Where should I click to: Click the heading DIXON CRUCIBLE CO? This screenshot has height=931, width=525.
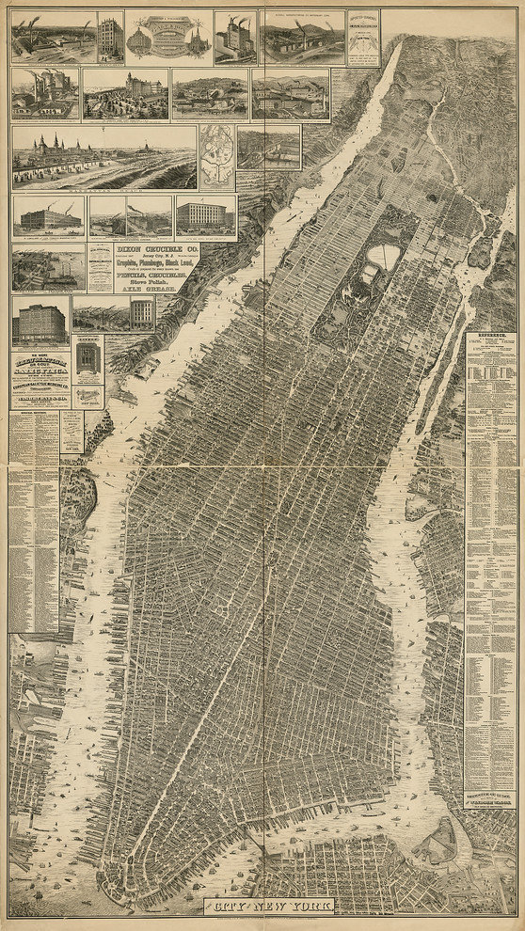[x=141, y=249]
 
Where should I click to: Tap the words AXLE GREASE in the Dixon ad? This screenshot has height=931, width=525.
[x=141, y=289]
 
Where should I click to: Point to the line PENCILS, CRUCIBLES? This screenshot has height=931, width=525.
[x=141, y=274]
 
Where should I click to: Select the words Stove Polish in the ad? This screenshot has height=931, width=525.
[x=141, y=281]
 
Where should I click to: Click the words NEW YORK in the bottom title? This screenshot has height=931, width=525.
[x=292, y=908]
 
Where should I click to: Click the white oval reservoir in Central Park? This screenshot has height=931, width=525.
[x=388, y=256]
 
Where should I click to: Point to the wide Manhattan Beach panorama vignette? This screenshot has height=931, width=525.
[x=103, y=157]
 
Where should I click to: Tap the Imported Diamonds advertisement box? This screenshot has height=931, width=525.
[x=362, y=38]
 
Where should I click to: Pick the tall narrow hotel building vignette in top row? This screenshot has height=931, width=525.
[x=110, y=38]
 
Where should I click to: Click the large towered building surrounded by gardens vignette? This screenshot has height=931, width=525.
[x=125, y=94]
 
